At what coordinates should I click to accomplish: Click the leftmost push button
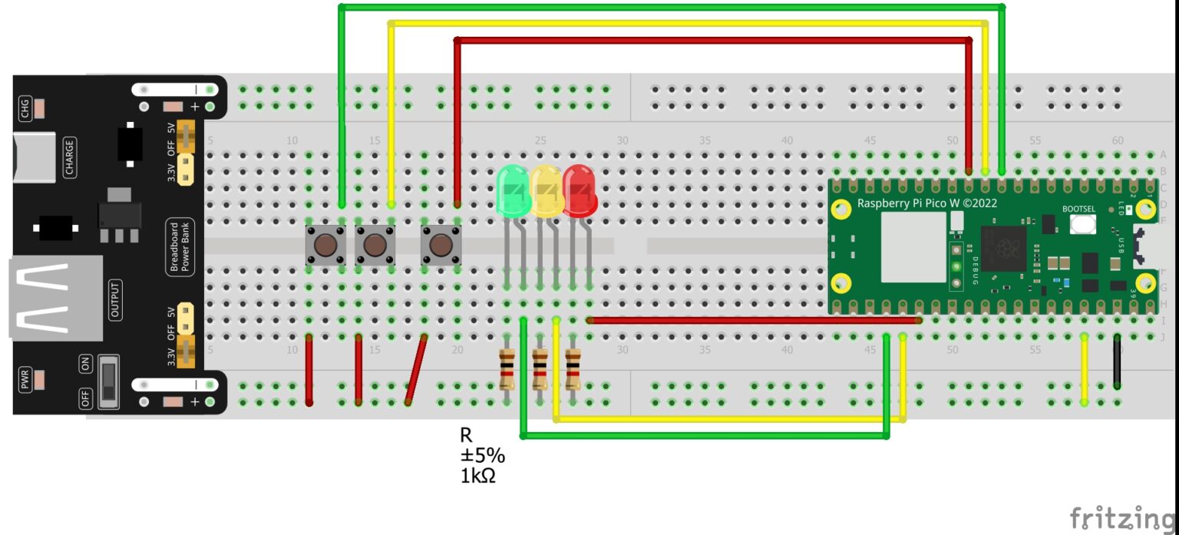click(325, 246)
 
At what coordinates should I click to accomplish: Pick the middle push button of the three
click(375, 246)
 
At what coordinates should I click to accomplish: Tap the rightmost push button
click(441, 246)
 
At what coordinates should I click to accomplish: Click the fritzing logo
click(1122, 517)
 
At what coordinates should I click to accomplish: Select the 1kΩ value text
click(477, 476)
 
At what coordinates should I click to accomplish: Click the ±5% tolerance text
click(482, 456)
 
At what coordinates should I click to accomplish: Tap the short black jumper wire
click(1117, 361)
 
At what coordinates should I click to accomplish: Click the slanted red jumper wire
click(417, 370)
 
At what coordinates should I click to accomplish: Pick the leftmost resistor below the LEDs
click(507, 368)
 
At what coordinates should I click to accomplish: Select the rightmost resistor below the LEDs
click(573, 368)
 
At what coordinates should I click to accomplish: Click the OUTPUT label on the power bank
click(115, 300)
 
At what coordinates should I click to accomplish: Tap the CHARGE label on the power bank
click(70, 157)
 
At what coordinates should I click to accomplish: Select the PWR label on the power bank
click(24, 378)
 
